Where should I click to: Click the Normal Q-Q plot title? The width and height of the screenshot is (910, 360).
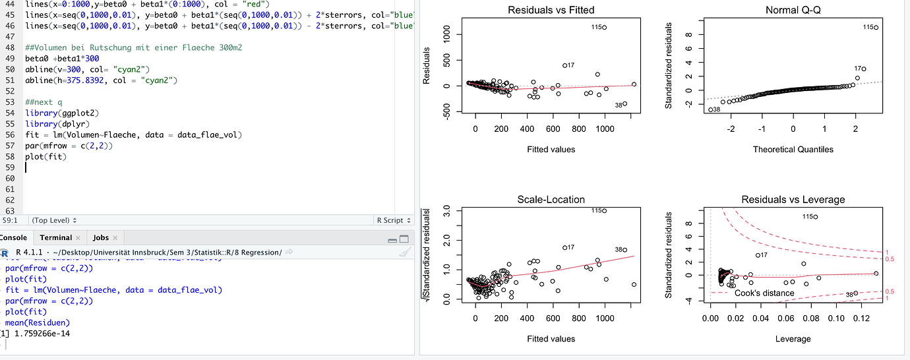click(793, 11)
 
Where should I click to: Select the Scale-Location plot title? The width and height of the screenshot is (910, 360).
click(551, 199)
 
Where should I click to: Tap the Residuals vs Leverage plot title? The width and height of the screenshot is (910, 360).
click(793, 199)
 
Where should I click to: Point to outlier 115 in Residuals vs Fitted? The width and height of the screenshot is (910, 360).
click(604, 27)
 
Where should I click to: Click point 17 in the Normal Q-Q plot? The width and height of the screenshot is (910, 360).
click(863, 69)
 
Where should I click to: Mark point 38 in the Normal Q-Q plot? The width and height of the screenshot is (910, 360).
click(710, 109)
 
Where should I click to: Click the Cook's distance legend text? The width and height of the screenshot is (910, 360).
click(764, 293)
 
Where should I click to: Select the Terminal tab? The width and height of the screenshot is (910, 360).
click(55, 237)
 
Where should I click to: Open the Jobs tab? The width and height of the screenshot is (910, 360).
click(100, 237)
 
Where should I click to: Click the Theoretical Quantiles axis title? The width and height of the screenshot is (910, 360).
click(793, 150)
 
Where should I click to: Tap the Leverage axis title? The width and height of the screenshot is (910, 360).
click(793, 339)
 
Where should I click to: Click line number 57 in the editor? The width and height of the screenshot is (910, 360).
click(11, 144)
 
